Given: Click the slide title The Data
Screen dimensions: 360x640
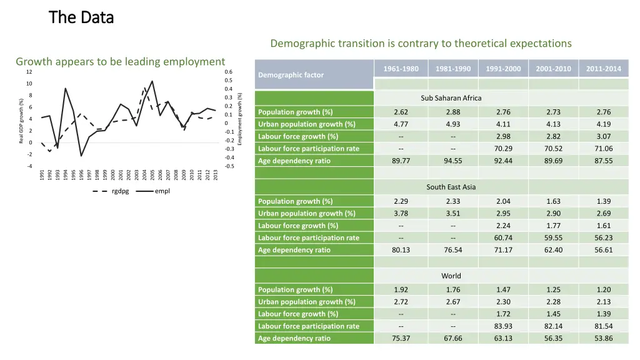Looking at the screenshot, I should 81,17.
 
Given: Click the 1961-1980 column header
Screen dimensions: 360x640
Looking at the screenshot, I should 401,69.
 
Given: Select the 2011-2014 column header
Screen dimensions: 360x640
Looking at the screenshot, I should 603,69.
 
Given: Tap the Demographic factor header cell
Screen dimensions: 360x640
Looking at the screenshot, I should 291,75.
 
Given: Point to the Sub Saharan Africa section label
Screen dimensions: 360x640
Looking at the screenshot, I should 451,98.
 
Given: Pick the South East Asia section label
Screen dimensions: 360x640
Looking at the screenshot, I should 451,187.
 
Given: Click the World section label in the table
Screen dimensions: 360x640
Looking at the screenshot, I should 451,276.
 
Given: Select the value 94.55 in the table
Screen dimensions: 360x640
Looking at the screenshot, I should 453,161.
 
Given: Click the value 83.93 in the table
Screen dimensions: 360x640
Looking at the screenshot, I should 503,326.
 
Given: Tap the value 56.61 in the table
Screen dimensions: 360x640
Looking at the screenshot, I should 603,250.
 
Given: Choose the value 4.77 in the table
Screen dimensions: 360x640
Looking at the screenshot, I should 401,124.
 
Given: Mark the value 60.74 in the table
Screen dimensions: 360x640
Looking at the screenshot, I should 503,237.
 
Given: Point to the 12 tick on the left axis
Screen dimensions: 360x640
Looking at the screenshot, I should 29,72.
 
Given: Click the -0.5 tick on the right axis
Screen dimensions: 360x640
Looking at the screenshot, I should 229,166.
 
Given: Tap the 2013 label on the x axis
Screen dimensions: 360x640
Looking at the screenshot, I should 216,175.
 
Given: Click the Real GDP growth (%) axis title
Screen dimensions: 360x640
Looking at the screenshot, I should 21,119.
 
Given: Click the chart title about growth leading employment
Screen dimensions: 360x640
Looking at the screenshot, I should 120,61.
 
